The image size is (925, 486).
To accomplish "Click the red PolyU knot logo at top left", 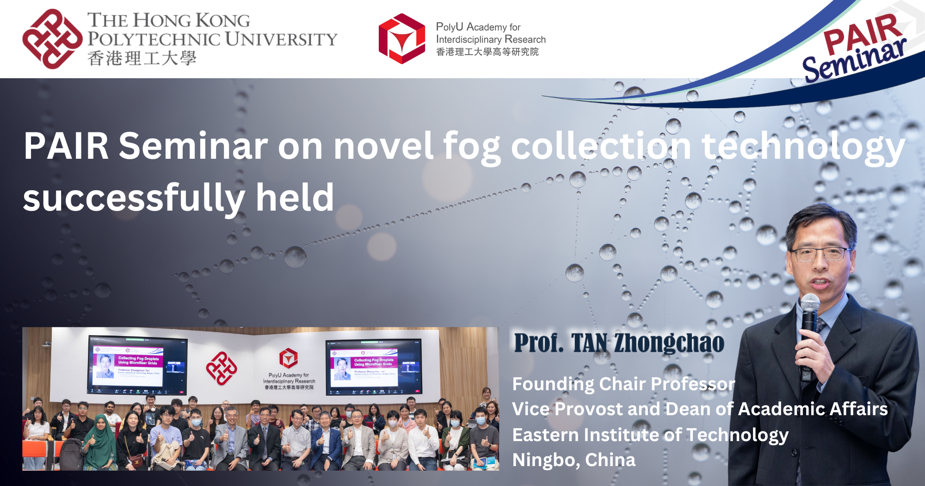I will (x=52, y=39).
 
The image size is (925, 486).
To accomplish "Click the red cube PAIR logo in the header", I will (x=401, y=39).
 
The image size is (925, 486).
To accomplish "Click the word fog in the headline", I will (x=471, y=147).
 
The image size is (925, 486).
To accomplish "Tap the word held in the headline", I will (x=295, y=198).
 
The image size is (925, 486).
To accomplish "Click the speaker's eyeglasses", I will (x=820, y=254).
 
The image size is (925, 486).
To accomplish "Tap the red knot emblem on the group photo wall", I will (x=222, y=368).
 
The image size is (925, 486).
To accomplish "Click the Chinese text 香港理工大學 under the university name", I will (x=142, y=59).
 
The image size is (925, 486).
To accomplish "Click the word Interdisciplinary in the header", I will (x=468, y=40).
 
